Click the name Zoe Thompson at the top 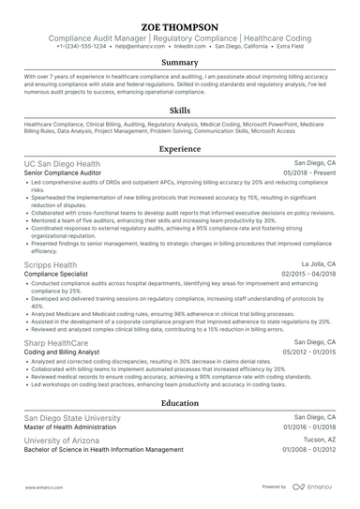click(x=179, y=26)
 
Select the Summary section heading click(x=179, y=63)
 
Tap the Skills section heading click(x=179, y=110)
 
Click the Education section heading click(x=179, y=402)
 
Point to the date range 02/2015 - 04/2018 click(x=306, y=275)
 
